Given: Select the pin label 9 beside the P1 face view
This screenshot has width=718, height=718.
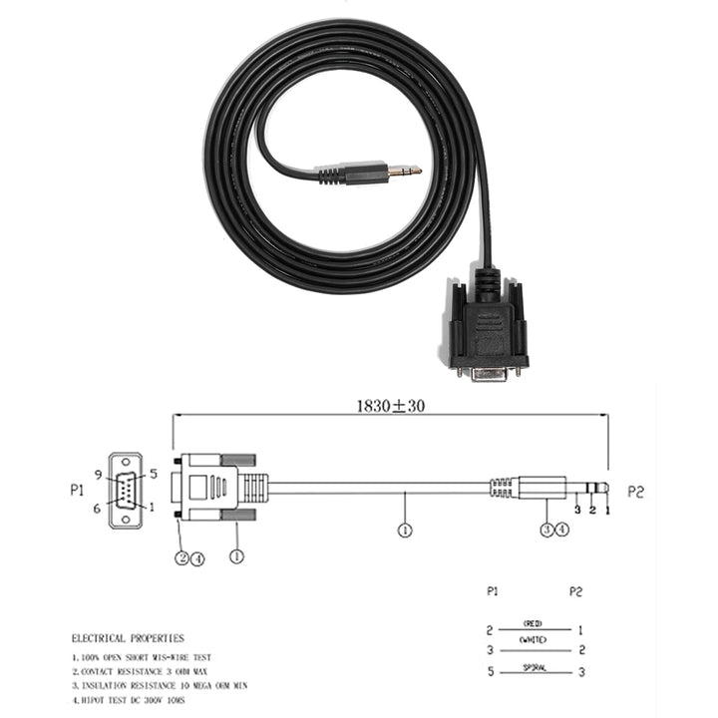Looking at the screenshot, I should coord(98,474).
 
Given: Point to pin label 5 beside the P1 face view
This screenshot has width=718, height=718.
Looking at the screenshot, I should coord(154,474).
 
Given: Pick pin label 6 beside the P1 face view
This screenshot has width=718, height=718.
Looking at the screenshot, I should coord(98,508).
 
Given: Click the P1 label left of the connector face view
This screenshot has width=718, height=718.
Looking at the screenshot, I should coord(77,491).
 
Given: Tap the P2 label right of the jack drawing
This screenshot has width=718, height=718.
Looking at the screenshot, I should coord(637,491).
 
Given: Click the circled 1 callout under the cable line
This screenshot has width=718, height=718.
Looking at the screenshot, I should coord(405,531).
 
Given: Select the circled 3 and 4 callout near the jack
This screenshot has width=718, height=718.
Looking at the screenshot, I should coord(554,531).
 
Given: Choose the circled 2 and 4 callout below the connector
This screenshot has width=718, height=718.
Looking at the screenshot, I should coord(189,557).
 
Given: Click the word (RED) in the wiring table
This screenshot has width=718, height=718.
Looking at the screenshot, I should coord(533,622).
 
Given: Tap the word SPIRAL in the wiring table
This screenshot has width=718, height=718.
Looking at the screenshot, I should coord(533,666).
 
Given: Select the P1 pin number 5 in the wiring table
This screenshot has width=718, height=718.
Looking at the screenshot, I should coord(490,672).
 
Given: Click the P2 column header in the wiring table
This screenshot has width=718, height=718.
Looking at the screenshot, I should coord(575,591).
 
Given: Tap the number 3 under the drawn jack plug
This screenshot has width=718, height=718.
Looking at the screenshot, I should coord(576,510).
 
